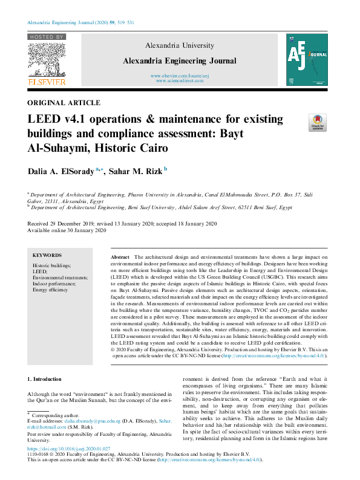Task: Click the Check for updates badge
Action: pos(317,122)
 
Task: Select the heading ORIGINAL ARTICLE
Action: pos(64,103)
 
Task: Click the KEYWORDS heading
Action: pos(47,255)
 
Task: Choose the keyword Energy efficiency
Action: pos(50,290)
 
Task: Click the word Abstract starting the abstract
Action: pos(121,257)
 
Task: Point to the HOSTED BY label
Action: pos(46,37)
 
